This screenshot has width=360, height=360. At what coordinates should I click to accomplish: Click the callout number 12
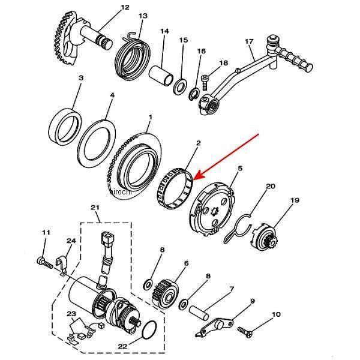tap(125, 7)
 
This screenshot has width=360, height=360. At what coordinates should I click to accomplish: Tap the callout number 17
tap(249, 41)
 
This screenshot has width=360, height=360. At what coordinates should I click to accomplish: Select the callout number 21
tap(95, 208)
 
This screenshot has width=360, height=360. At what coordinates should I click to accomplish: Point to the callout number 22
tap(122, 346)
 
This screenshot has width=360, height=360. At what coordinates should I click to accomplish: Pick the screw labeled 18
tap(205, 82)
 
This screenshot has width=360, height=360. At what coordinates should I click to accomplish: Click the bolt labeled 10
tap(245, 332)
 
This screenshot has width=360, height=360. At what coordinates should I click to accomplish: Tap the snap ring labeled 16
tap(194, 95)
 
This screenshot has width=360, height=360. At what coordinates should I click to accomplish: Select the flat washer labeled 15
tap(180, 86)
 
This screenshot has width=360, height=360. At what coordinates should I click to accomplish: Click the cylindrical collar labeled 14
tap(161, 76)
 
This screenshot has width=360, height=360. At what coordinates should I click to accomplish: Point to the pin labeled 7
tap(199, 312)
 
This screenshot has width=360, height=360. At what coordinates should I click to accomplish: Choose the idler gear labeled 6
tap(165, 293)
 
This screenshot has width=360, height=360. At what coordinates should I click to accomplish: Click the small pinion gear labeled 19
tap(265, 237)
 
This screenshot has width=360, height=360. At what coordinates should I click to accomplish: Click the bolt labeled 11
tap(44, 263)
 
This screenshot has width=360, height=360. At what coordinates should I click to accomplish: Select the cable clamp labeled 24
tap(62, 264)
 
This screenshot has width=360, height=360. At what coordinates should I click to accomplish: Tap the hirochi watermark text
tap(121, 192)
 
